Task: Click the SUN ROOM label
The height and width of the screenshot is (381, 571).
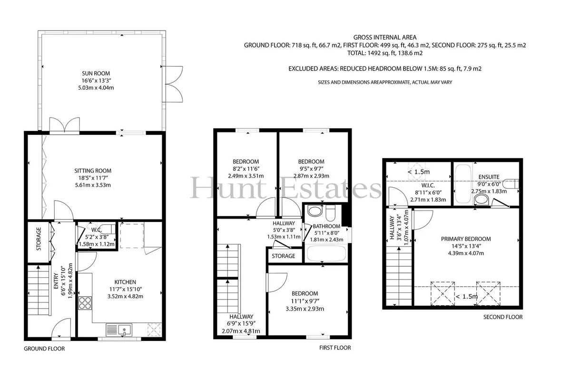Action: pos(96,73)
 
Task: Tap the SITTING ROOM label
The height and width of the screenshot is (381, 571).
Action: pos(93,170)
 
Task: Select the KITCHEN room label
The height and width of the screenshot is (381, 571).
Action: pos(125,282)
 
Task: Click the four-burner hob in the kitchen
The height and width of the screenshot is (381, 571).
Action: pos(85,303)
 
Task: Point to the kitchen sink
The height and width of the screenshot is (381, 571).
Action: pos(125,330)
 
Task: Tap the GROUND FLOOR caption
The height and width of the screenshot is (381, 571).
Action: pos(44,349)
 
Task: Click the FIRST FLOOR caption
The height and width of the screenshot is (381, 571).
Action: pos(335,348)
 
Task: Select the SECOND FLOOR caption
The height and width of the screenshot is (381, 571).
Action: pos(503,317)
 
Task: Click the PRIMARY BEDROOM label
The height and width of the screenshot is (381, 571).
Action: pos(466,239)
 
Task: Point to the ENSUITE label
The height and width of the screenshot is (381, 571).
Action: pos(489,177)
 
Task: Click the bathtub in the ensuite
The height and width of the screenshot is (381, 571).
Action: pos(463,183)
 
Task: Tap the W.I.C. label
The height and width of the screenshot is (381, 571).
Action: pos(428,186)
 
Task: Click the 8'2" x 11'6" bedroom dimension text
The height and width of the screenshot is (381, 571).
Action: pos(246,169)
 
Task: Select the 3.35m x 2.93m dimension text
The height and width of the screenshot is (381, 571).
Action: pos(305,309)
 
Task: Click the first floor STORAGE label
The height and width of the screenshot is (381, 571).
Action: pos(284,256)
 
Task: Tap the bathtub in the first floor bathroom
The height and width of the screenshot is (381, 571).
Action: pos(326,253)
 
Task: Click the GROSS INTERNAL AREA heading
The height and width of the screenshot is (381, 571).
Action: pos(385,37)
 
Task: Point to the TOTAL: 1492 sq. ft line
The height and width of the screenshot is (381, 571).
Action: pos(385,53)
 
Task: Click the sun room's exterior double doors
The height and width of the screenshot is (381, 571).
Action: pos(172,84)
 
